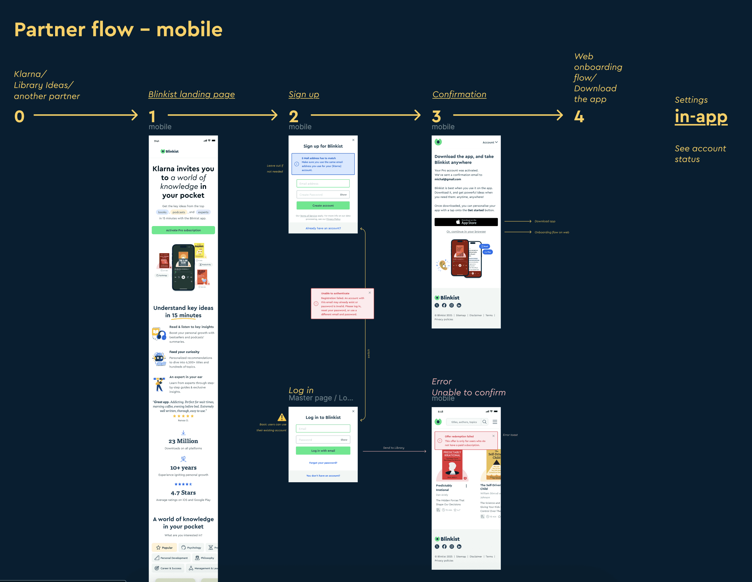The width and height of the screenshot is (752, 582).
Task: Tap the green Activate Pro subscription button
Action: point(183,230)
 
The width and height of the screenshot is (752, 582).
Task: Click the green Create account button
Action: point(323,205)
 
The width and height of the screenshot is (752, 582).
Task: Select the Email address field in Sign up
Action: point(323,184)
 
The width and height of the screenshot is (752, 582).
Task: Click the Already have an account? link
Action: point(323,228)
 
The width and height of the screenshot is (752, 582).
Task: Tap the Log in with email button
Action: point(323,451)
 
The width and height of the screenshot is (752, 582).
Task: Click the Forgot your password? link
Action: point(323,463)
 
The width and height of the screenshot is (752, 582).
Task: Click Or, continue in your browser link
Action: point(466,231)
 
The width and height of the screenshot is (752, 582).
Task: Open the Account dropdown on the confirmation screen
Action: point(489,143)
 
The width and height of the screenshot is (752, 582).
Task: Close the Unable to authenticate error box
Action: point(370,293)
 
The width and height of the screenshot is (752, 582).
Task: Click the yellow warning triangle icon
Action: point(282,417)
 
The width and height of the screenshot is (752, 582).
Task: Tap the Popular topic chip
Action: point(164,548)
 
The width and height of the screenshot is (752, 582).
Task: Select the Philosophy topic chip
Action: point(204,558)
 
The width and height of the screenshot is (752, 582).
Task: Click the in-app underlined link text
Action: point(701,117)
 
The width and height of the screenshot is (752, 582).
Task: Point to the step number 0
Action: point(19,116)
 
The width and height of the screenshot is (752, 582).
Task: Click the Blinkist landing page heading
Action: point(191,94)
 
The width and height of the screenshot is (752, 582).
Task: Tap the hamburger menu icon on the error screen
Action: point(495,422)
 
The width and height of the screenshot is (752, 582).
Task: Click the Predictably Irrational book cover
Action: point(452,465)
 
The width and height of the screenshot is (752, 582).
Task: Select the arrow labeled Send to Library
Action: point(394,451)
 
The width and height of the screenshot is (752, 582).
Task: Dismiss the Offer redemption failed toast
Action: point(493,436)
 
